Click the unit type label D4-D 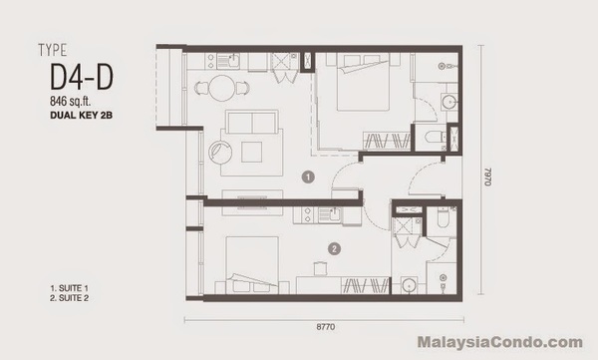[x=82, y=77]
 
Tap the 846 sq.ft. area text [x=71, y=101]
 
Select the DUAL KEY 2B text [x=82, y=115]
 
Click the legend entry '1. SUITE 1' [x=69, y=288]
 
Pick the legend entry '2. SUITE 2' [x=69, y=298]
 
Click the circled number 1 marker [x=308, y=177]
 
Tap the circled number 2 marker [x=334, y=249]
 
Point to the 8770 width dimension [x=325, y=327]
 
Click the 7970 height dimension [x=487, y=177]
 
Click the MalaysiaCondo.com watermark [x=500, y=342]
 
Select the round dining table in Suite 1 [x=222, y=88]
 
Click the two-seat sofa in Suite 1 [x=252, y=122]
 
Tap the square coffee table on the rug [x=252, y=152]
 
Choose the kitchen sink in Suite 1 [x=228, y=61]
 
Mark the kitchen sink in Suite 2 [x=330, y=214]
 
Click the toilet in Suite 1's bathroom [x=434, y=137]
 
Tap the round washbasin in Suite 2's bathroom [x=410, y=285]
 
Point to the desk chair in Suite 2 [x=320, y=268]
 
